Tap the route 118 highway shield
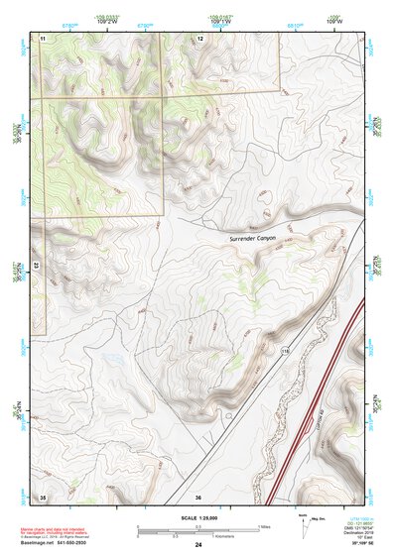[284, 351]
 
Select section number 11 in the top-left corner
[43, 37]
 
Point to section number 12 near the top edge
[199, 37]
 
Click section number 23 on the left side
[35, 266]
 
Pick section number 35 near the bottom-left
[43, 496]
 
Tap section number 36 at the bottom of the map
[198, 496]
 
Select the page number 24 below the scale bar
[197, 545]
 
